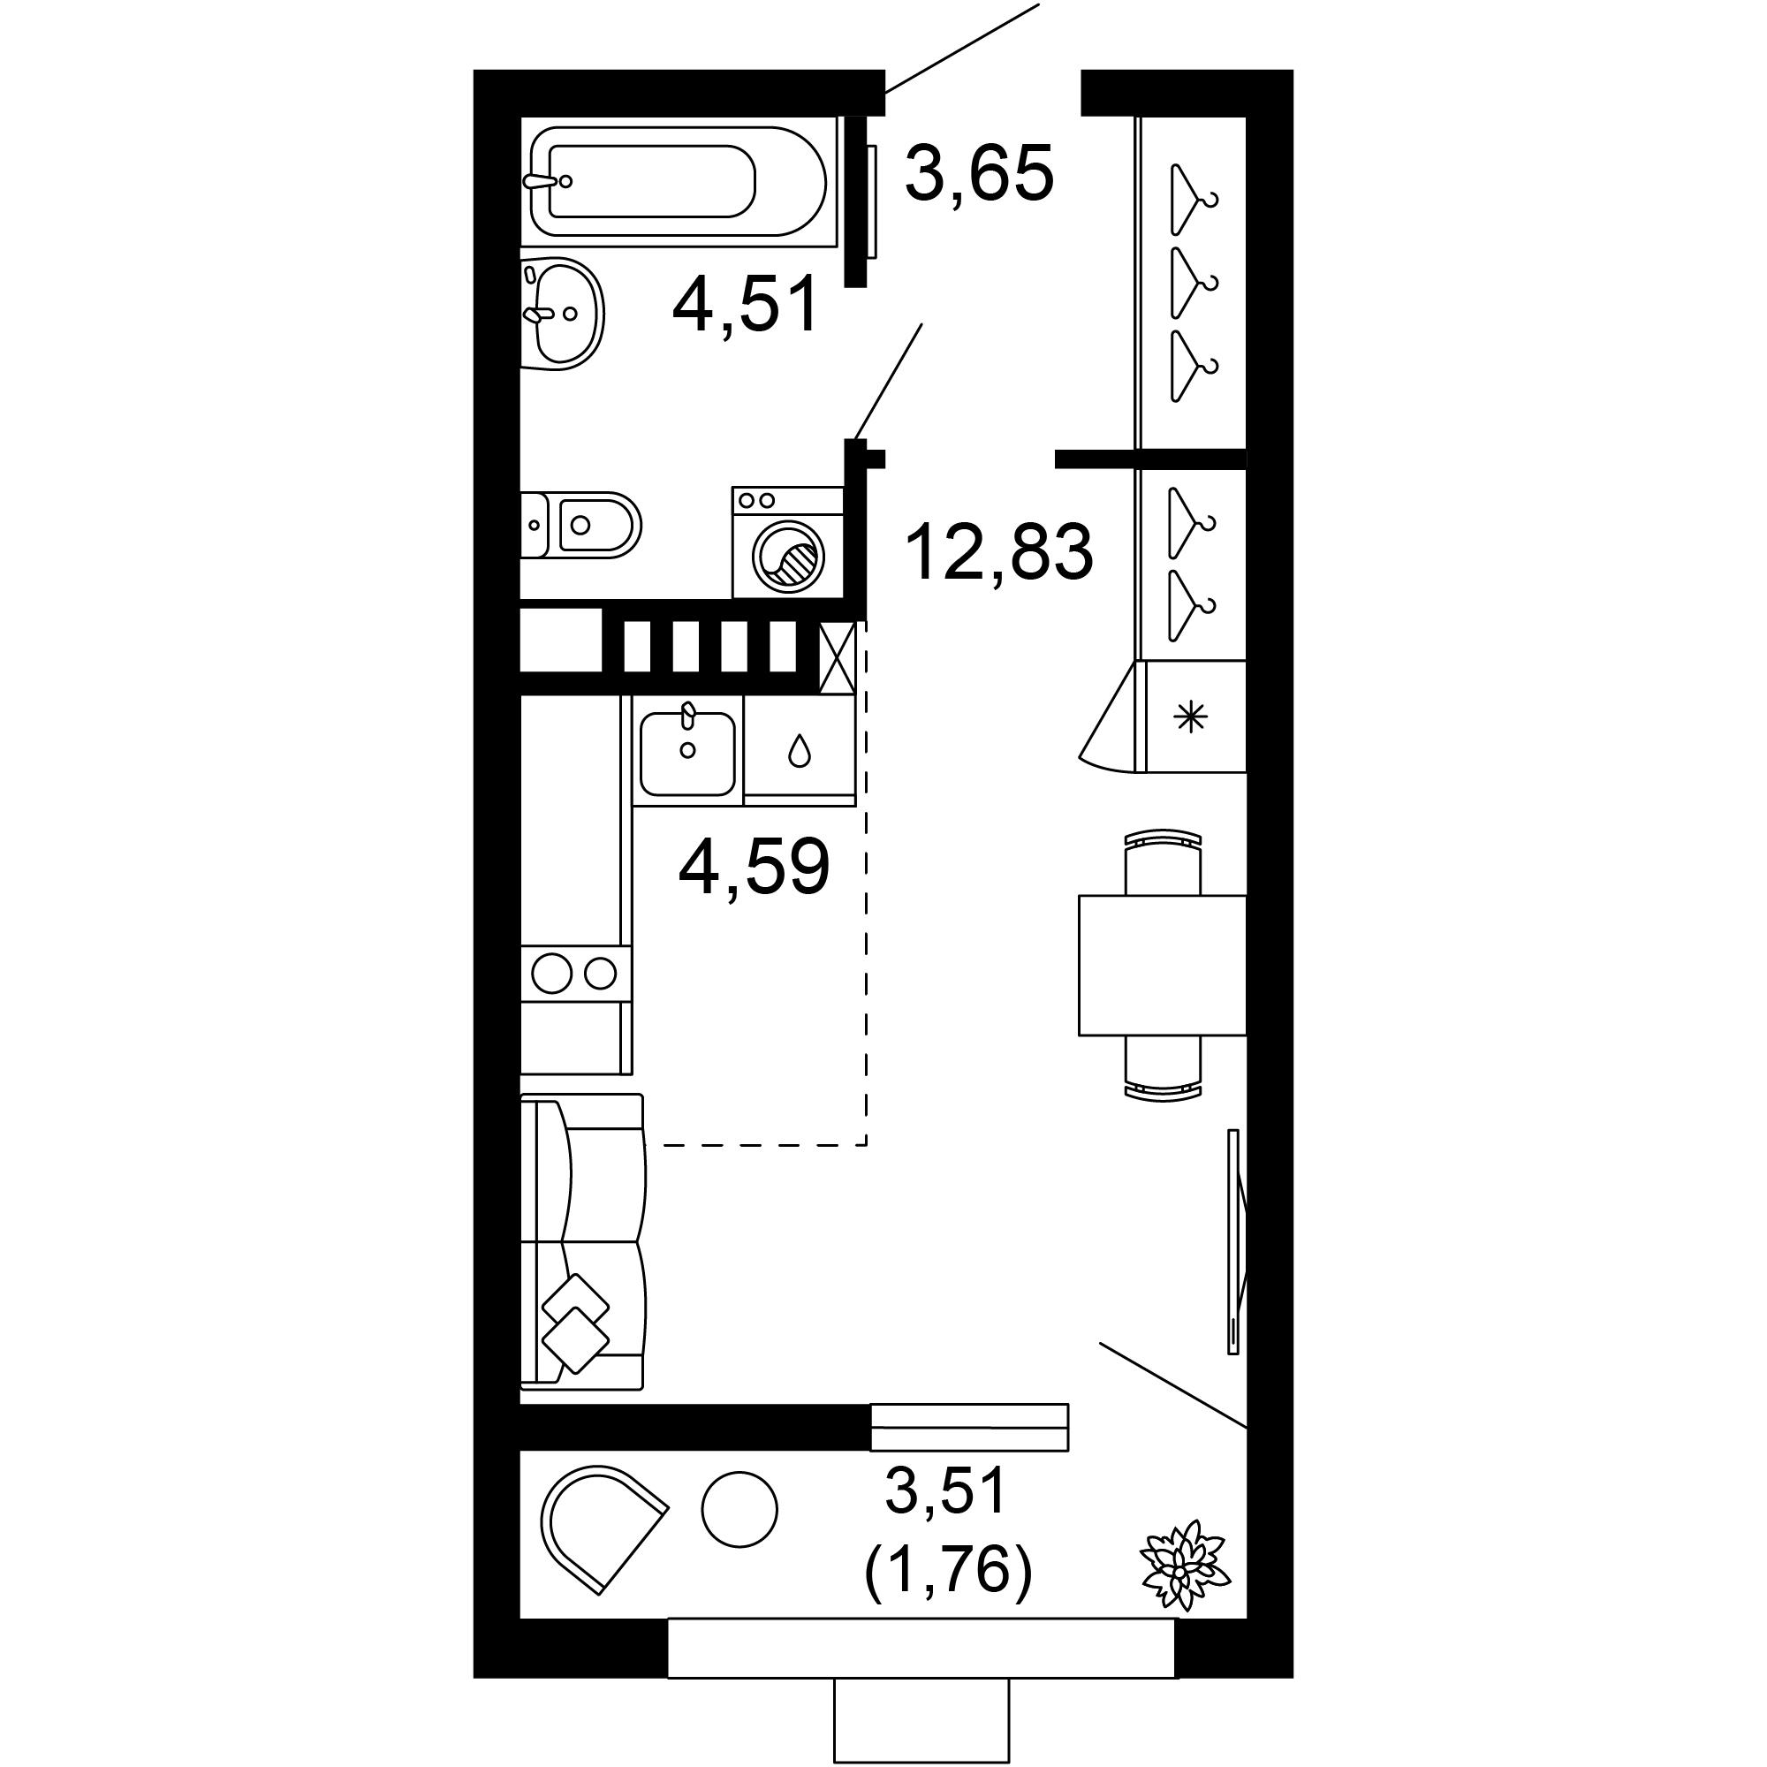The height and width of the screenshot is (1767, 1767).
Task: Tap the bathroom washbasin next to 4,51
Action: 562,314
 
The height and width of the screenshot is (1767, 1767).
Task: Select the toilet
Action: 580,525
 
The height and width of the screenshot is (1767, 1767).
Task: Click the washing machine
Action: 786,542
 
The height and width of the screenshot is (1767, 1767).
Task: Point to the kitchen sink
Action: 686,752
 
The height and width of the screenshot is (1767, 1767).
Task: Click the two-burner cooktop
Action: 574,973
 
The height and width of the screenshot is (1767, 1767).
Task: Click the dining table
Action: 1163,965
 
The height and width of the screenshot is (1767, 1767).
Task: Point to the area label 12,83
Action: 998,552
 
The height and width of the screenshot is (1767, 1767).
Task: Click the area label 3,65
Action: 980,173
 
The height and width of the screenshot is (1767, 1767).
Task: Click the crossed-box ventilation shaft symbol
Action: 838,656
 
